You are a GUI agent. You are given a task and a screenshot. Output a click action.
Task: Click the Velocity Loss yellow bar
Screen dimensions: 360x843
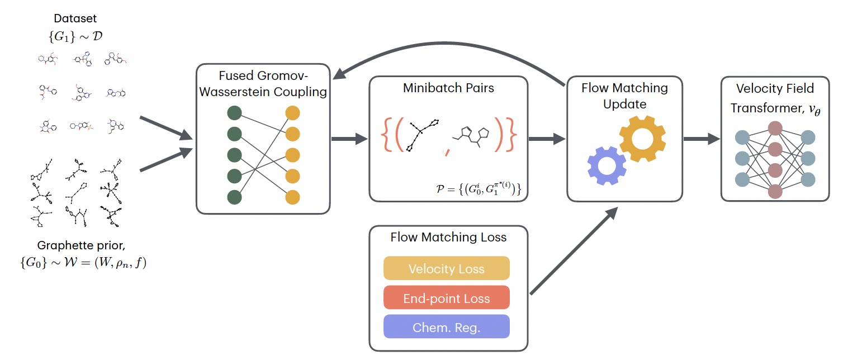(446, 268)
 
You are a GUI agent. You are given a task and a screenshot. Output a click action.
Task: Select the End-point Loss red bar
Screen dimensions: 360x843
(446, 298)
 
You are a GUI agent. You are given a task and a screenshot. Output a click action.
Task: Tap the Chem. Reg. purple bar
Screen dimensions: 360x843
(446, 327)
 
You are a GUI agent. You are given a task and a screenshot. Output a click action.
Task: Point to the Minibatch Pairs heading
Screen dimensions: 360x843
(448, 88)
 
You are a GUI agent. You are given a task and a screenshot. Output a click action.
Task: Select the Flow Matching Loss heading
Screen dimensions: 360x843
(448, 237)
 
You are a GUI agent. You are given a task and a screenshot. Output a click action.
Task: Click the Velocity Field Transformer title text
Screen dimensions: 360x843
(775, 98)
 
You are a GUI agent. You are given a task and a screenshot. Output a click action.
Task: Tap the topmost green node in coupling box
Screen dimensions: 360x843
(234, 113)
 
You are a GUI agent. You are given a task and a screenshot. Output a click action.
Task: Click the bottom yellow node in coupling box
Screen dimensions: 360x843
(292, 197)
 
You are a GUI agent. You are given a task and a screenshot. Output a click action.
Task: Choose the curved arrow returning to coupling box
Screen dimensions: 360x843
(447, 53)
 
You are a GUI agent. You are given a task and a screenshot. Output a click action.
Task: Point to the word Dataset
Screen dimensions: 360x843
(75, 18)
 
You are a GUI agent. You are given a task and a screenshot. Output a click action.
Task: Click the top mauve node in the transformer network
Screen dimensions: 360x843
(775, 128)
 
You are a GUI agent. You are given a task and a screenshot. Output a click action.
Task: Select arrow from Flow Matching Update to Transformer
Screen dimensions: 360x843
(701, 139)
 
